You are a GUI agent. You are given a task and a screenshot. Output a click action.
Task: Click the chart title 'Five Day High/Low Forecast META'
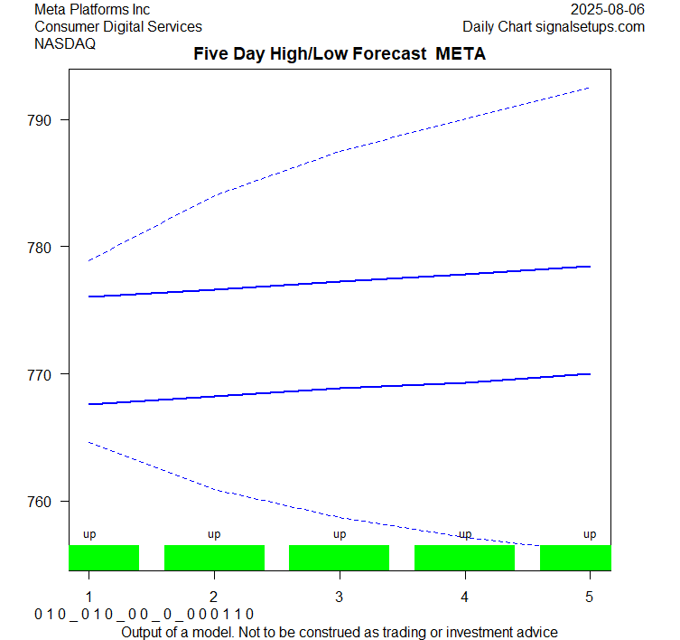tap(340, 54)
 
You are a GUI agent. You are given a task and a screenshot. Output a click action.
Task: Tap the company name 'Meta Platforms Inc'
tap(92, 10)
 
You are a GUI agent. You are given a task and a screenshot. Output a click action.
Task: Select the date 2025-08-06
tap(608, 10)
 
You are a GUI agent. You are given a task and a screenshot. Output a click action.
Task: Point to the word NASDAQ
tap(65, 44)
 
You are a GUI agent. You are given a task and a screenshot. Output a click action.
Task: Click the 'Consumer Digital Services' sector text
tap(118, 27)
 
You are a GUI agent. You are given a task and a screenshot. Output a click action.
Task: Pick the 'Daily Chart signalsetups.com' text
tap(554, 27)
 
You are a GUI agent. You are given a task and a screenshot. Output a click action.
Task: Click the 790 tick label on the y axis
tap(46, 120)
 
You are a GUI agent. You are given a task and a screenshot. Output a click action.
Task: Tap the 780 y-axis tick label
tap(46, 247)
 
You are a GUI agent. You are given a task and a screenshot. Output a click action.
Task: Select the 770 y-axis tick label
tap(46, 374)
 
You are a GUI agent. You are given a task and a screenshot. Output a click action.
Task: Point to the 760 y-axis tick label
tap(46, 502)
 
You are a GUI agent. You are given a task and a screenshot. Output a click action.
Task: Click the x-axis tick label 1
tap(89, 598)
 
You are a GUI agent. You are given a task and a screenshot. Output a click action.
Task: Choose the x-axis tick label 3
tap(340, 598)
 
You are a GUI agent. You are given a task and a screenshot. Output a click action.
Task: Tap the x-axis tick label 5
tap(590, 598)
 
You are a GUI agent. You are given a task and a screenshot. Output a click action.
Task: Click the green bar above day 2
tap(214, 558)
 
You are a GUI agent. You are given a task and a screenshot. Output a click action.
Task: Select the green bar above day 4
tap(464, 558)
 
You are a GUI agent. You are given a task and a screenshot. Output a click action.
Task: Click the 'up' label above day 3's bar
tap(340, 534)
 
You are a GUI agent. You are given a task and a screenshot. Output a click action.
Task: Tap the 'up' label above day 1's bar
tap(89, 534)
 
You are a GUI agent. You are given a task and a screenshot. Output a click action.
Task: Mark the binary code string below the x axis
tap(144, 615)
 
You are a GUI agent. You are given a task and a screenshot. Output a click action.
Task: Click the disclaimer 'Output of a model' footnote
tap(340, 632)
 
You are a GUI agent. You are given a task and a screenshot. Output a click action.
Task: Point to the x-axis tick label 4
tap(464, 598)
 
